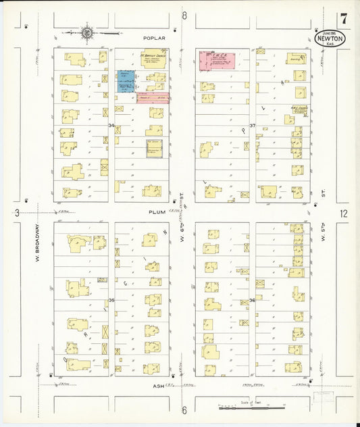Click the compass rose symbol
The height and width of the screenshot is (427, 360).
(87, 31)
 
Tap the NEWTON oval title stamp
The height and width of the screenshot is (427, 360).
(330, 39)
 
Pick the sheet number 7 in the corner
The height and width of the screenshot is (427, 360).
(344, 18)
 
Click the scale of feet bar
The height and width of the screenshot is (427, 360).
(249, 407)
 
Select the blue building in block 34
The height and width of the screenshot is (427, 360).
(126, 82)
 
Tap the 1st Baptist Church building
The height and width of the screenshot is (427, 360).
(153, 60)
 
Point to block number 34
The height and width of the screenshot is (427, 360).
(111, 125)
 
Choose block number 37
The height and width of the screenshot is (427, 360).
(252, 126)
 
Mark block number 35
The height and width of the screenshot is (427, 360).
(111, 300)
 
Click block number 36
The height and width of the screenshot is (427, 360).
(252, 300)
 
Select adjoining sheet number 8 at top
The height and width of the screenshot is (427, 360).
(184, 15)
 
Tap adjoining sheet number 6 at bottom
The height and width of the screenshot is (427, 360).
(184, 410)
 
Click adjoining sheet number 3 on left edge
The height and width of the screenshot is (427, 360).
(16, 214)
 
